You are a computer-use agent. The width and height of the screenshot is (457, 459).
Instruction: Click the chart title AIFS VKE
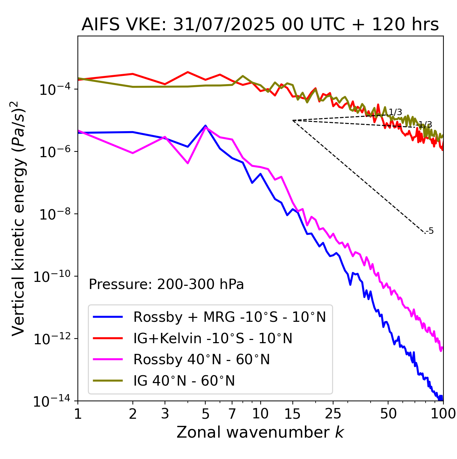260,25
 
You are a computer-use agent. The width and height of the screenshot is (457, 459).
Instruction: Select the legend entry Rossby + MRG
230,317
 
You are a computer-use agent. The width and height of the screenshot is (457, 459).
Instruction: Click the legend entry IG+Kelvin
213,338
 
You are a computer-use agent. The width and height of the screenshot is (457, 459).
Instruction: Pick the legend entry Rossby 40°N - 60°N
201,360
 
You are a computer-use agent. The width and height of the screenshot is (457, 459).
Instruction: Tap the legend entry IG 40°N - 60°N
184,381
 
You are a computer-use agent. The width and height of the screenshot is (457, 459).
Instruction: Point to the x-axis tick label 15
292,414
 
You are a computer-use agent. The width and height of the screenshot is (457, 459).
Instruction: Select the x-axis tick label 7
232,414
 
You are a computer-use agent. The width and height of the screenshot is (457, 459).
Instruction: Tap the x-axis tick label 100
443,414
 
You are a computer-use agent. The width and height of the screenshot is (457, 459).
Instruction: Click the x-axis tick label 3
165,414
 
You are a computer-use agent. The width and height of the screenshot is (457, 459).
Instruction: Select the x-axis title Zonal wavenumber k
260,433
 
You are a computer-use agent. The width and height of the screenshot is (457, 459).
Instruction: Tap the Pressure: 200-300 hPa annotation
166,285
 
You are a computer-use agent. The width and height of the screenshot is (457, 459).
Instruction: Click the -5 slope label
430,231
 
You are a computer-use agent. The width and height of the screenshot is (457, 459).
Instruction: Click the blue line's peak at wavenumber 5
205,125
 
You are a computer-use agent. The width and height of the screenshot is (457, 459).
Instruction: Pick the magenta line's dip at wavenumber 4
188,163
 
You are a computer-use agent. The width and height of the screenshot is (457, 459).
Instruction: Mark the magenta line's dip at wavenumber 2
133,153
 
